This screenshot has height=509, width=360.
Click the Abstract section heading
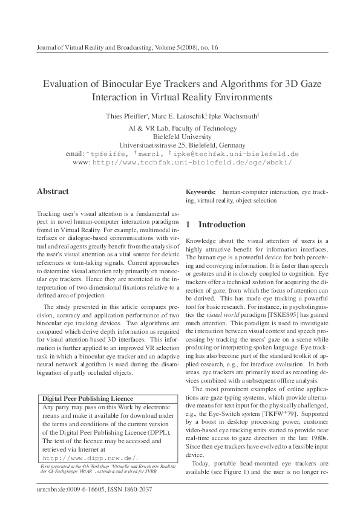(53, 192)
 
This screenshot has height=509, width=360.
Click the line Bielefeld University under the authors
(180, 137)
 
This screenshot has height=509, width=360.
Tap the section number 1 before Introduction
(188, 225)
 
